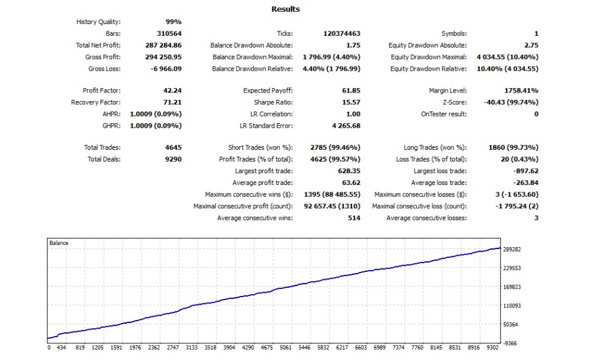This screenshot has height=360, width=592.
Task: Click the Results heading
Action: pyautogui.click(x=286, y=9)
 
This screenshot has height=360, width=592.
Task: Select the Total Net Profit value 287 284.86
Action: pyautogui.click(x=162, y=45)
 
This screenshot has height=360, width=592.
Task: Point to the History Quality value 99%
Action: pyautogui.click(x=174, y=22)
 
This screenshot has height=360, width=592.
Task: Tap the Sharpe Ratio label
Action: pyautogui.click(x=273, y=102)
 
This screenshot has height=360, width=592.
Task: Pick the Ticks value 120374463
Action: pyautogui.click(x=342, y=33)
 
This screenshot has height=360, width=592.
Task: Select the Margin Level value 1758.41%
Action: pyautogui.click(x=522, y=91)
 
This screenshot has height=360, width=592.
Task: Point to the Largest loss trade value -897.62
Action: pyautogui.click(x=525, y=171)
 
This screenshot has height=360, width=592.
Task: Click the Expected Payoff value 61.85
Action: pyautogui.click(x=351, y=91)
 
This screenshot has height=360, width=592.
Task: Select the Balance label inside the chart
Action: pyautogui.click(x=59, y=243)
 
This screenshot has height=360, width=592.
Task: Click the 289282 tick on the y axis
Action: pyautogui.click(x=516, y=250)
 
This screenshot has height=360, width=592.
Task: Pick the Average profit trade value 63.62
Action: pyautogui.click(x=351, y=182)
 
